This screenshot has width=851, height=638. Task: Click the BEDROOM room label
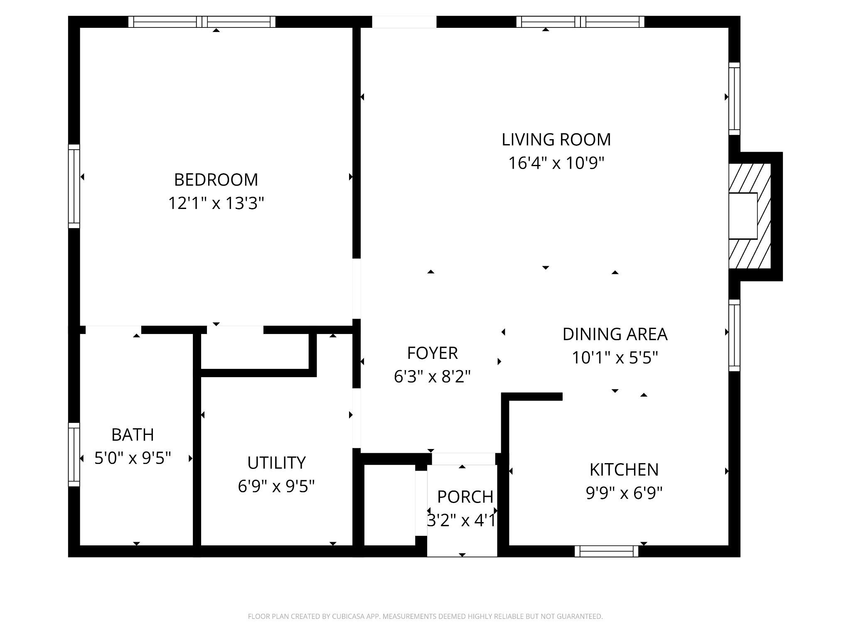click(216, 180)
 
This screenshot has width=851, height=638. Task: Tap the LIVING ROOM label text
click(556, 140)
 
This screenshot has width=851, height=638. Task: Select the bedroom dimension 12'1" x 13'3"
click(216, 204)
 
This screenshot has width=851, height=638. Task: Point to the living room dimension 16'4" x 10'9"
click(556, 163)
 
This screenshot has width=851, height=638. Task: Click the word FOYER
click(432, 353)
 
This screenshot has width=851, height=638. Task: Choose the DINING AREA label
click(615, 334)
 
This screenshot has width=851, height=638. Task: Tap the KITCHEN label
click(624, 470)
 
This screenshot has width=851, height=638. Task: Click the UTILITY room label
click(276, 463)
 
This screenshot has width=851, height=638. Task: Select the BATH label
click(133, 435)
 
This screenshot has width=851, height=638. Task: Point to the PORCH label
click(465, 497)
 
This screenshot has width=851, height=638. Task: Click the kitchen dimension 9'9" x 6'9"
click(624, 493)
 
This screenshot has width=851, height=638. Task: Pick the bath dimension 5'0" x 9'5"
click(133, 459)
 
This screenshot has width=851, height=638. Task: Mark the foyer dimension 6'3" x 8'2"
click(432, 377)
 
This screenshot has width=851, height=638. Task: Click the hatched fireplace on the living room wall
click(750, 216)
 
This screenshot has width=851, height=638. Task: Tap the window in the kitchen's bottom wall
click(607, 551)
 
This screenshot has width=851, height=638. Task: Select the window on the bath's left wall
click(74, 454)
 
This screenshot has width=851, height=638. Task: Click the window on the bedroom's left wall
click(74, 186)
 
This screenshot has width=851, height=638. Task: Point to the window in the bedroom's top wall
click(202, 22)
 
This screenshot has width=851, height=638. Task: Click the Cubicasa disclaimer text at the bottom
click(425, 616)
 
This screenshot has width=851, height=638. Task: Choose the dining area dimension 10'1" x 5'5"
click(615, 358)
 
